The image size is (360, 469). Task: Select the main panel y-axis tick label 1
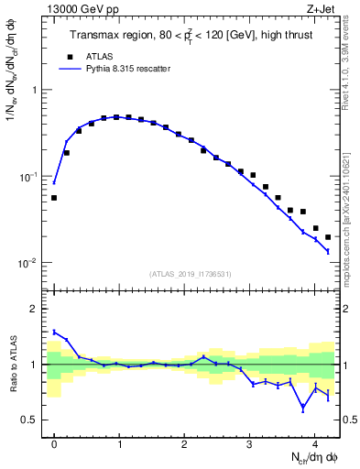coord(33,90)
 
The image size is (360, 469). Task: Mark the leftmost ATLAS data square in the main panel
coord(54,198)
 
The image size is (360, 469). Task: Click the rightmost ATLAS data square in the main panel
coord(328,237)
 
